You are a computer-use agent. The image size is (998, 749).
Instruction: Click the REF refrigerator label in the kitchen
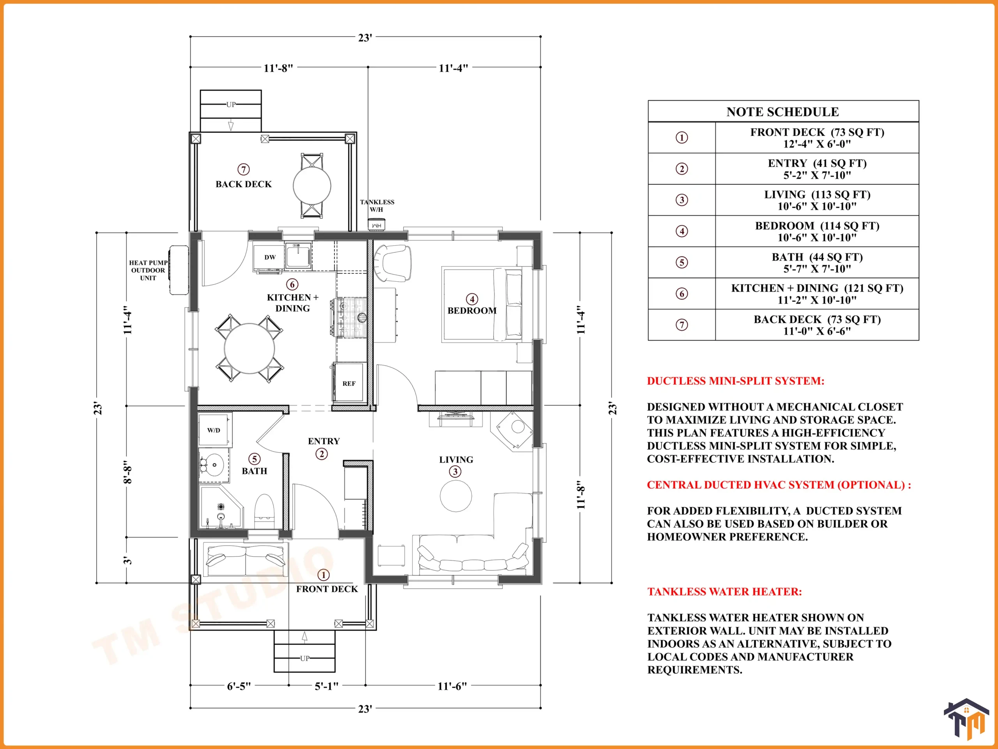(x=349, y=384)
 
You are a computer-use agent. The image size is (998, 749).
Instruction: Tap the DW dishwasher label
(x=270, y=257)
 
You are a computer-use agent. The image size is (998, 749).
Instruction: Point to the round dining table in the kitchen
(x=249, y=348)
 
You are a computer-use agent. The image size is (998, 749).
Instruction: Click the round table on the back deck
(x=312, y=186)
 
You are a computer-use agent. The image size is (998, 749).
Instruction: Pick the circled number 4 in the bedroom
(x=472, y=299)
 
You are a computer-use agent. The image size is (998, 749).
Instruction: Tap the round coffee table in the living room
(x=456, y=496)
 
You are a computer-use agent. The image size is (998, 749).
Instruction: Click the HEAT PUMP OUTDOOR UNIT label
(x=148, y=270)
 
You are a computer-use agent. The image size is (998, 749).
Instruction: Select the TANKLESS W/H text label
(x=377, y=206)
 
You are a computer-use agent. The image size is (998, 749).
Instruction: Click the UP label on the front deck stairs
(x=305, y=658)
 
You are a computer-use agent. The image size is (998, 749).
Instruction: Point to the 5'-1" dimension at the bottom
(x=326, y=686)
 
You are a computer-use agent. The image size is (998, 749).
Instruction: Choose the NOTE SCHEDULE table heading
(x=783, y=112)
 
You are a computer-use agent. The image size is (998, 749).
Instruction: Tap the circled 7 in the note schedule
(x=682, y=325)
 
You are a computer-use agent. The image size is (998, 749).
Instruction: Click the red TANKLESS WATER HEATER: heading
(x=725, y=591)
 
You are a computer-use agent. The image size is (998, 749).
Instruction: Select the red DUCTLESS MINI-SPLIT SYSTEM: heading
(x=735, y=381)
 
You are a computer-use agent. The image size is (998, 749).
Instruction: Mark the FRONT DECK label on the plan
(x=327, y=589)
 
